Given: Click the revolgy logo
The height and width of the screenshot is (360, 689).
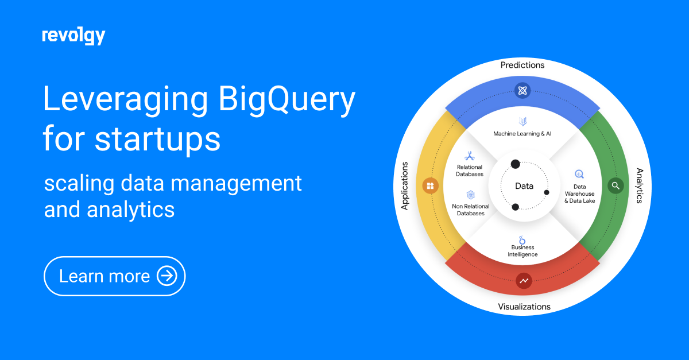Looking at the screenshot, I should pos(73,36).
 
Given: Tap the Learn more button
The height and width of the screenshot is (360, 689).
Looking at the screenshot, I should pos(115,276).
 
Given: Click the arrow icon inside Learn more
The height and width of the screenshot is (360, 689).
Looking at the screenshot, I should pos(167,276).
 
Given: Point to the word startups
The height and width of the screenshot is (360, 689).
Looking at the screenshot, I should pos(157,140).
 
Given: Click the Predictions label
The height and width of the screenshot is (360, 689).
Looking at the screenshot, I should pos(522,65).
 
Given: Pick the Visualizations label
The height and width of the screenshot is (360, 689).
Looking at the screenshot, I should pos(524,307).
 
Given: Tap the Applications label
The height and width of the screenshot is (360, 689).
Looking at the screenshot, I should pos(404,185).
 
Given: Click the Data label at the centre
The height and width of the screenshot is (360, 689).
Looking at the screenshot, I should pos(524,186).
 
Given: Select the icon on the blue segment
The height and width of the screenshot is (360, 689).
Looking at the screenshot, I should pos(522,90).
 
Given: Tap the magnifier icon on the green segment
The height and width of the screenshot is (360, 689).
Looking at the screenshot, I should pos(616,185).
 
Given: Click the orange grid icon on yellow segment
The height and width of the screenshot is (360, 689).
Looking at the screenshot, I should pos(430,186).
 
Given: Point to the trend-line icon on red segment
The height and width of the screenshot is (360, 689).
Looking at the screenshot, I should pos(524,281).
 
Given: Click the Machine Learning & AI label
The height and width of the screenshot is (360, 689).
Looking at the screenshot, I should pos(522,134).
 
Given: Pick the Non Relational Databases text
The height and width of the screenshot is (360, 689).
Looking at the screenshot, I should pos(471,210).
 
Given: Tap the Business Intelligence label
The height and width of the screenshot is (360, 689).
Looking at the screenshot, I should pos(522,251).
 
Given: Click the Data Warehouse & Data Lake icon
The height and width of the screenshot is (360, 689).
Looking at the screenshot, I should pos(579,174).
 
